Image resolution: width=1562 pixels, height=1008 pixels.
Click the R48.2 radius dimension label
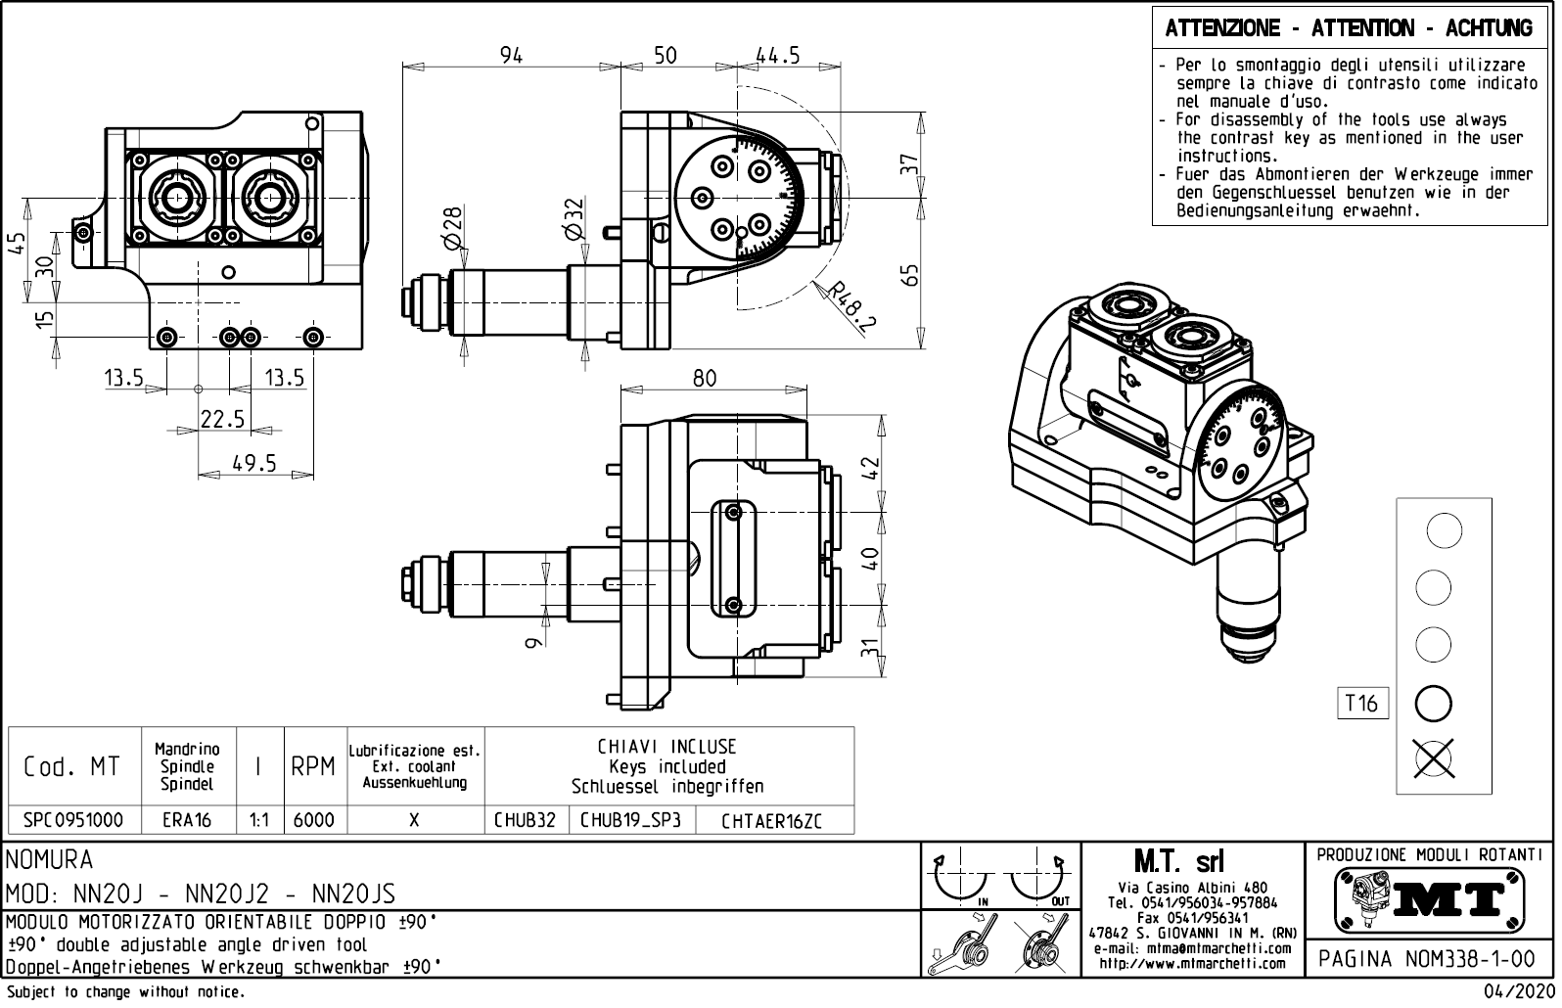coord(849,306)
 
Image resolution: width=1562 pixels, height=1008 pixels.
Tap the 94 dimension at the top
coord(511,56)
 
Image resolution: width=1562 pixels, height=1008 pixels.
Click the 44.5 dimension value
coord(778,56)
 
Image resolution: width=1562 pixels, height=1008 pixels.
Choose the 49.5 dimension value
coord(254,463)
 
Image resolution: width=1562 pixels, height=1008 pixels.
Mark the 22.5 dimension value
coord(222,419)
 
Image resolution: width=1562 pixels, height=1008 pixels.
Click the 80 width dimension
coord(705,378)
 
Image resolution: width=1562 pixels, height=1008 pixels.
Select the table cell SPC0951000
coord(73,820)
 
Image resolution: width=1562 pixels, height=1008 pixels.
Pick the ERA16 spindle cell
coord(187,820)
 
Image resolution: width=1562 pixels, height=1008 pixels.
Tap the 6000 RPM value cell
coord(314,820)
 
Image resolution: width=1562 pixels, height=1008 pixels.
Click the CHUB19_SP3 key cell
coord(632,820)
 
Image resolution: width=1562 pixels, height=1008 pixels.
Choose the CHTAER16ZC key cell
coord(771,821)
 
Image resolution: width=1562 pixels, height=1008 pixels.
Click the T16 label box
coord(1361,703)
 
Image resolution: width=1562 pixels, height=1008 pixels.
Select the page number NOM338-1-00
coord(1427,959)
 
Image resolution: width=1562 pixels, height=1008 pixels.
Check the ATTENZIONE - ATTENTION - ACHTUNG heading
coord(1349,28)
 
